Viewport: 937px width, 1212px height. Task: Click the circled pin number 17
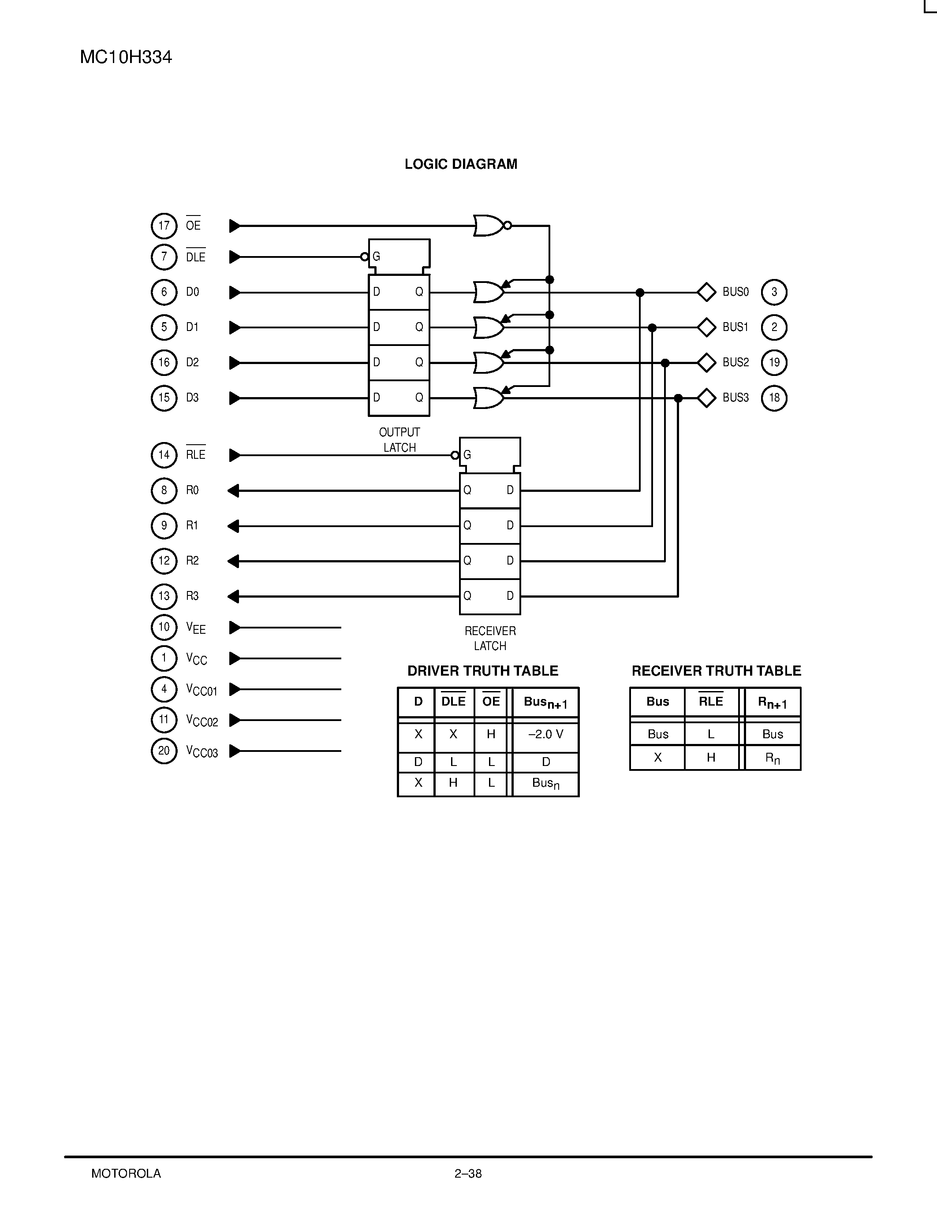164,226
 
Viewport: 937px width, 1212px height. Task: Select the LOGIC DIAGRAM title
461,164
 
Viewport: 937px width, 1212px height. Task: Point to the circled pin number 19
774,362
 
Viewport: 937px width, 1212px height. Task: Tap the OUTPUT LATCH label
399,439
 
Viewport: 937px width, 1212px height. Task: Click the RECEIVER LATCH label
490,638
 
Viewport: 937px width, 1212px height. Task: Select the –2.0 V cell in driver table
545,734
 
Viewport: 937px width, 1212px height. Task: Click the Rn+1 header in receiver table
772,703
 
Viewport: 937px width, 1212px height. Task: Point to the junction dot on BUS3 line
678,398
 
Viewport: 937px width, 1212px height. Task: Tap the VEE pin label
195,628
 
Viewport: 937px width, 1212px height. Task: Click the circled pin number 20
164,751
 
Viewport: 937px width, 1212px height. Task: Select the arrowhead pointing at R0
234,491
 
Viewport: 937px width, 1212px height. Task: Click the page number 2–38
468,1174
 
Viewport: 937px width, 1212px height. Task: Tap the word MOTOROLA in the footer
126,1174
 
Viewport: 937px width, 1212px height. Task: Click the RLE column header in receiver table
710,702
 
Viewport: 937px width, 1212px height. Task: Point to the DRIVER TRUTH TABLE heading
482,671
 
